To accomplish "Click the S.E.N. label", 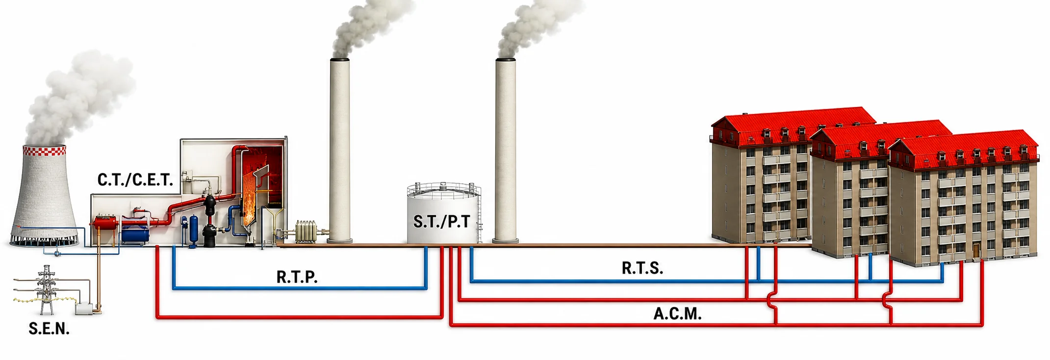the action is pyautogui.click(x=49, y=329).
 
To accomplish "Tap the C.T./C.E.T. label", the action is pyautogui.click(x=135, y=180).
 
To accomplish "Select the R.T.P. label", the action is pyautogui.click(x=297, y=277).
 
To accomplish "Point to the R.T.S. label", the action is pyautogui.click(x=642, y=268).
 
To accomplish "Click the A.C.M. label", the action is pyautogui.click(x=677, y=314).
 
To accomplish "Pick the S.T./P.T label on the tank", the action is pyautogui.click(x=441, y=222).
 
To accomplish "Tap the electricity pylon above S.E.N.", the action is pyautogui.click(x=47, y=289).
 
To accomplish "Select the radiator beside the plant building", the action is pyautogui.click(x=307, y=231).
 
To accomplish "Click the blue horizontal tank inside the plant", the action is pyautogui.click(x=135, y=234).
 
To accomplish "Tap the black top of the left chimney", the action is pyautogui.click(x=340, y=60).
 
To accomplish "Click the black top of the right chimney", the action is pyautogui.click(x=506, y=60).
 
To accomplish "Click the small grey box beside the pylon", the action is pyautogui.click(x=83, y=309).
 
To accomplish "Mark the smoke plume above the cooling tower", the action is pyautogui.click(x=78, y=98).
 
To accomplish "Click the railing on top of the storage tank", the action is pyautogui.click(x=443, y=188).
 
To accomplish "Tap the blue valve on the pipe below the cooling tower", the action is pyautogui.click(x=57, y=254).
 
